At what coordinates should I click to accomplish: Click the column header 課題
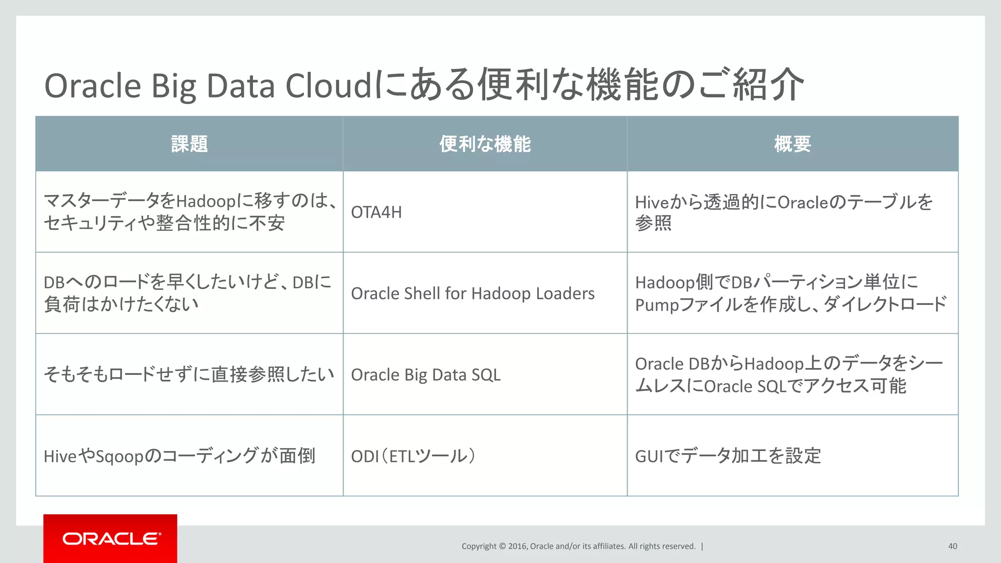(x=190, y=144)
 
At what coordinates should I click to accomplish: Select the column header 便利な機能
(x=485, y=144)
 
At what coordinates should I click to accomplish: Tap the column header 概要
(x=792, y=144)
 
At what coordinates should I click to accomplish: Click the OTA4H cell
(x=376, y=213)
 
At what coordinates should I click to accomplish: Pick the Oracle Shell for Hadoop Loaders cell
(x=473, y=294)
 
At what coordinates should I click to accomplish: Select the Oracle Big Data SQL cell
(x=426, y=375)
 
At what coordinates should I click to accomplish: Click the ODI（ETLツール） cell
(x=413, y=456)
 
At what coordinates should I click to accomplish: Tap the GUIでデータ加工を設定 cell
(x=728, y=456)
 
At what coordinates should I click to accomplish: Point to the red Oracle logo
(x=110, y=539)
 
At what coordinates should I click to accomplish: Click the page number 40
(x=952, y=546)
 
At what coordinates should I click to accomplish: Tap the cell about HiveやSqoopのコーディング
(x=179, y=456)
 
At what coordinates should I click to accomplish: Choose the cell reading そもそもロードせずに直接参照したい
(x=189, y=375)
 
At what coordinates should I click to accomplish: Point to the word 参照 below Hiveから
(x=653, y=223)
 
